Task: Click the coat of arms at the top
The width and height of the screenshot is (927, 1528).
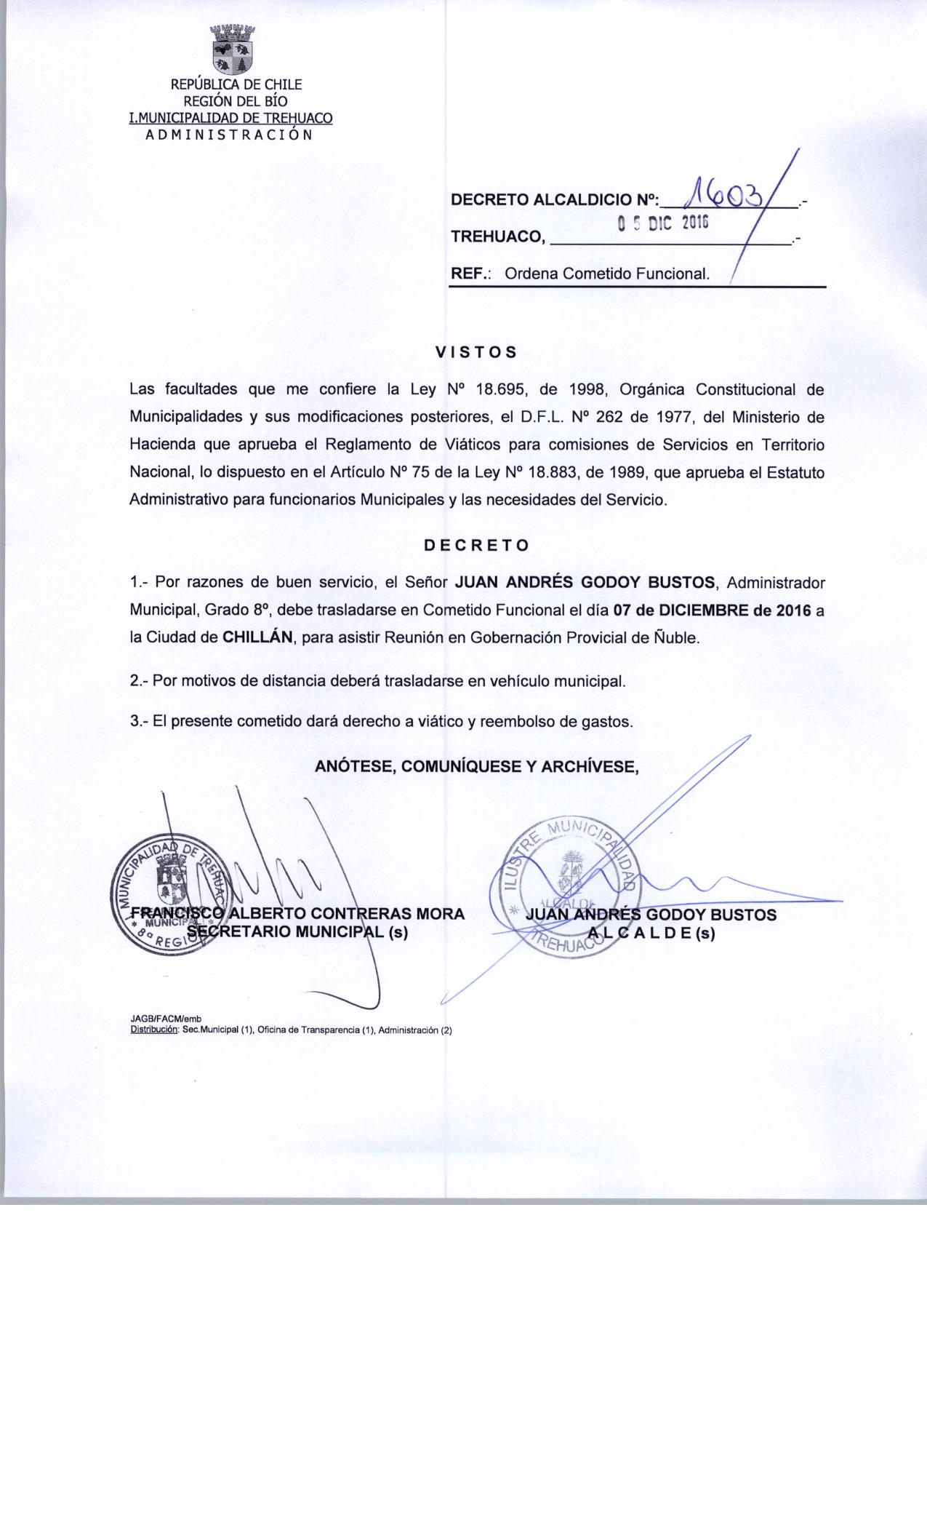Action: pyautogui.click(x=234, y=50)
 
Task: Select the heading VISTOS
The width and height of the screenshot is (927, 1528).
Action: pyautogui.click(x=475, y=352)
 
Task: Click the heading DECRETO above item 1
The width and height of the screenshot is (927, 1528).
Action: pyautogui.click(x=476, y=545)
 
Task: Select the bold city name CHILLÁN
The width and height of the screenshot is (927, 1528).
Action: pyautogui.click(x=257, y=637)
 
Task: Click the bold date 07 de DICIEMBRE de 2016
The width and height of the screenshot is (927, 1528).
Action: pyautogui.click(x=712, y=610)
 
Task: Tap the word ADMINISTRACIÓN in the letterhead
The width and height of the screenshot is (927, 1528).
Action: pyautogui.click(x=230, y=135)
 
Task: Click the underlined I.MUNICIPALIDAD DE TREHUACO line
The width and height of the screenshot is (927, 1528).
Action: pyautogui.click(x=230, y=118)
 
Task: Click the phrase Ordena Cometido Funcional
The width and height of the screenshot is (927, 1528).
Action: pyautogui.click(x=606, y=274)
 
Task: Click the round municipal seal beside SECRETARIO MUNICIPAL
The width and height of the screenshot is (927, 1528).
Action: pyautogui.click(x=169, y=900)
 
